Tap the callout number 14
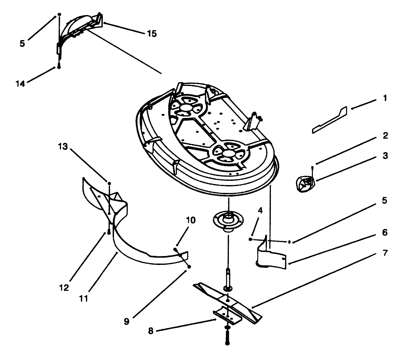20,84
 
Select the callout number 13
63,147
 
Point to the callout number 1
385,98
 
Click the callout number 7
385,253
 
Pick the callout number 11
84,298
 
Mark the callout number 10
191,220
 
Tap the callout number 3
385,156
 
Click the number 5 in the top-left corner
22,44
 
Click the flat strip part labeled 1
329,121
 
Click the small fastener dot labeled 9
189,266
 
